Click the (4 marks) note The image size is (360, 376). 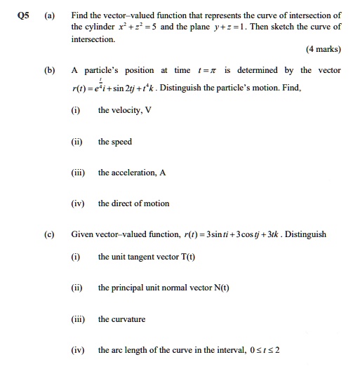[x=323, y=50]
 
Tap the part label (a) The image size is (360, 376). [x=49, y=15]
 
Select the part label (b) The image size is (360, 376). [x=49, y=70]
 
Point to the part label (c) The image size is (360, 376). [x=49, y=234]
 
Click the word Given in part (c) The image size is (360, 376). [x=83, y=234]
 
